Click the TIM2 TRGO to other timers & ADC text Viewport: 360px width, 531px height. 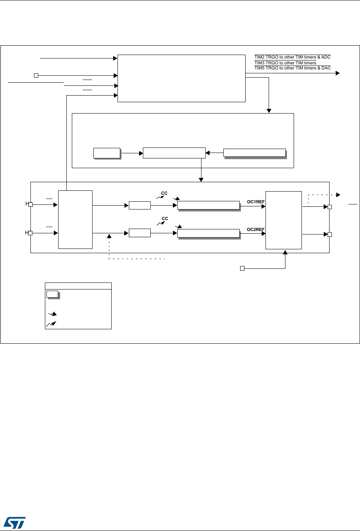point(292,57)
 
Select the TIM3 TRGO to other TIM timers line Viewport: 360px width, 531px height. point(285,63)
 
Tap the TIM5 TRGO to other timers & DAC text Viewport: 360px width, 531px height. point(292,68)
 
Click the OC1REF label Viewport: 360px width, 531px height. point(256,202)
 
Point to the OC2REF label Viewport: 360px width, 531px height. point(256,229)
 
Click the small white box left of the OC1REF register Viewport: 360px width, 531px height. point(139,205)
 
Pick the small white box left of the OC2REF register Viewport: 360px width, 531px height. point(139,233)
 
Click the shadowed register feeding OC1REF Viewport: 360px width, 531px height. point(208,205)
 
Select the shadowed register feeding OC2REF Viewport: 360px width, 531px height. point(208,233)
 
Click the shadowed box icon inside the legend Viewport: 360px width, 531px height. point(52,294)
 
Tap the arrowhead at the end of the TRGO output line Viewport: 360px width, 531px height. point(338,73)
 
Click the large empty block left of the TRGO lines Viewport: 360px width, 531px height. point(181,78)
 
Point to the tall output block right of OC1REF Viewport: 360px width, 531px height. point(283,220)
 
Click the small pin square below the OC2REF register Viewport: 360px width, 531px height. point(242,268)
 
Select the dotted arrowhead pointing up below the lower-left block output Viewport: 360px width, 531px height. point(109,236)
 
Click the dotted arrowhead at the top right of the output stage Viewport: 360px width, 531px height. point(338,194)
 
